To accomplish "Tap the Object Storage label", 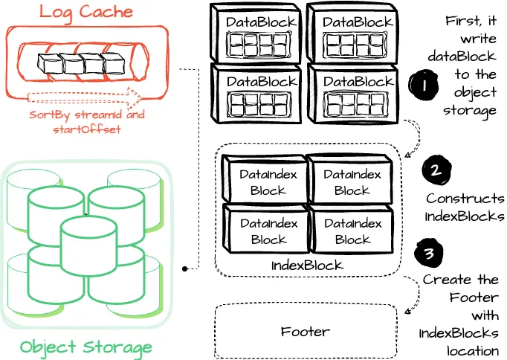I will coord(86,347).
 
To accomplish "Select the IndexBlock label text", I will coord(307,264).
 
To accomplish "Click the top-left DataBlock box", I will coord(255,33).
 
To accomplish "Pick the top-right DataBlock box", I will coord(353,33).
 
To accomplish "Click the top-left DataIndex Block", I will coord(264,181).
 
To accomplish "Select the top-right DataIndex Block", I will coord(349,181).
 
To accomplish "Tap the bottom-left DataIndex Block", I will coord(264,231).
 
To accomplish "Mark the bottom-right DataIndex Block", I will coord(349,231).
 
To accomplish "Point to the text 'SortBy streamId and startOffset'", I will coord(87,123).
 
